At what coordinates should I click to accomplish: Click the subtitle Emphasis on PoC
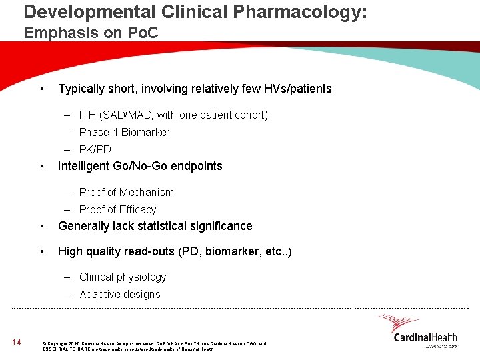[91, 32]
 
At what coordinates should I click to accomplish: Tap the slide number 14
[17, 343]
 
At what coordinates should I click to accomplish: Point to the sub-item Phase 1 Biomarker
[124, 132]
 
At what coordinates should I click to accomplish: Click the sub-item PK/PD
[95, 149]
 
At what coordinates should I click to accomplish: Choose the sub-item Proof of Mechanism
[126, 192]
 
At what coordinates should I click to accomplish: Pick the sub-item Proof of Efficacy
[117, 209]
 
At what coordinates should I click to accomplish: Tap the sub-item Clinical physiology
[123, 277]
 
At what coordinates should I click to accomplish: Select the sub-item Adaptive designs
[119, 294]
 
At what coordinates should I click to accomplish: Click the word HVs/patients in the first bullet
[297, 89]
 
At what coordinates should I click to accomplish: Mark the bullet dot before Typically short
[42, 89]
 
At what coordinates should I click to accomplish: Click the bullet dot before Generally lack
[42, 226]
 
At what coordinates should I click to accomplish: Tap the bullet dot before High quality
[42, 251]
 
